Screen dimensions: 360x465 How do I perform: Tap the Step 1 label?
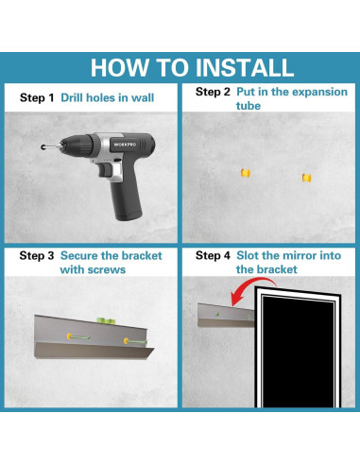coord(37,97)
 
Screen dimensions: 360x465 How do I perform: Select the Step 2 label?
coord(213,92)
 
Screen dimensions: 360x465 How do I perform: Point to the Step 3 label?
coord(37,255)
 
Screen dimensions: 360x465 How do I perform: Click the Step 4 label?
coord(213,255)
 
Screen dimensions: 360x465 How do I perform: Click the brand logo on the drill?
coord(125,145)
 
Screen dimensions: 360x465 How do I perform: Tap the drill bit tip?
coord(43,147)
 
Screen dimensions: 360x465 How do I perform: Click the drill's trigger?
coord(105,169)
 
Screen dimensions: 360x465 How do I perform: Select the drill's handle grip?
coord(126,197)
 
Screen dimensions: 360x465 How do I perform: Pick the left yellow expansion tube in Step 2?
coord(246,173)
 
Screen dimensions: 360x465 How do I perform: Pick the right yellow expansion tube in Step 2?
coord(307,178)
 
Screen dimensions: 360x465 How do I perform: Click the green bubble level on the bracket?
coord(106,321)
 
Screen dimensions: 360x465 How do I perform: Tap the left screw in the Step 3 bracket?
coord(78,336)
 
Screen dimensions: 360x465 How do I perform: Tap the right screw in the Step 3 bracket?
coord(135,341)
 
